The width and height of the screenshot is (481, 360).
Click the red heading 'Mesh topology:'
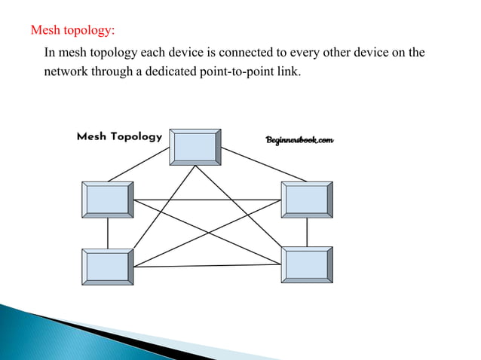(x=72, y=32)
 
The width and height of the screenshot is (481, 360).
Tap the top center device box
(x=195, y=146)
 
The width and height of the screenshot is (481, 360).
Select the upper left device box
(x=107, y=200)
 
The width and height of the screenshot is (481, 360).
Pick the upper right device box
(x=307, y=199)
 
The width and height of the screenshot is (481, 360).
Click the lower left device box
(x=107, y=267)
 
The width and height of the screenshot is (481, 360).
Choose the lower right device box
(x=307, y=264)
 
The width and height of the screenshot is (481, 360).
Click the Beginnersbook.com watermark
(x=299, y=140)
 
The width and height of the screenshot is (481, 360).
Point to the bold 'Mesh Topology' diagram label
(x=119, y=137)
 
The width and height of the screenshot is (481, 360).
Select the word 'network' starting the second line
(x=64, y=75)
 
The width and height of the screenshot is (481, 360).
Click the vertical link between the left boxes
(x=108, y=233)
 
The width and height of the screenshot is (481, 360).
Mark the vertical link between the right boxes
(x=307, y=232)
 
